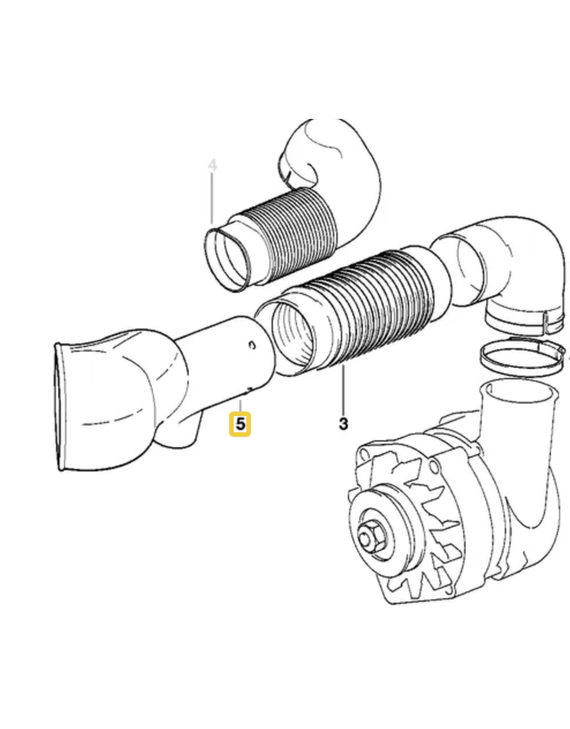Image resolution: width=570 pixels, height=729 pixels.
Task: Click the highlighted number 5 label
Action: [x=239, y=424]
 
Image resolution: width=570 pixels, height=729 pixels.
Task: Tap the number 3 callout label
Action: [x=343, y=424]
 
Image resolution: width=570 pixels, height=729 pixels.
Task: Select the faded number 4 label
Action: [x=212, y=165]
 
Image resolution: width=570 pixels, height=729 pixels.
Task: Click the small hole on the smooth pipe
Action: [x=252, y=345]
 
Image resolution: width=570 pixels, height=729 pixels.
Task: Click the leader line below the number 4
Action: [x=212, y=199]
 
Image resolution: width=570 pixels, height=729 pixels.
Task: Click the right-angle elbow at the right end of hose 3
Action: [x=502, y=265]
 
